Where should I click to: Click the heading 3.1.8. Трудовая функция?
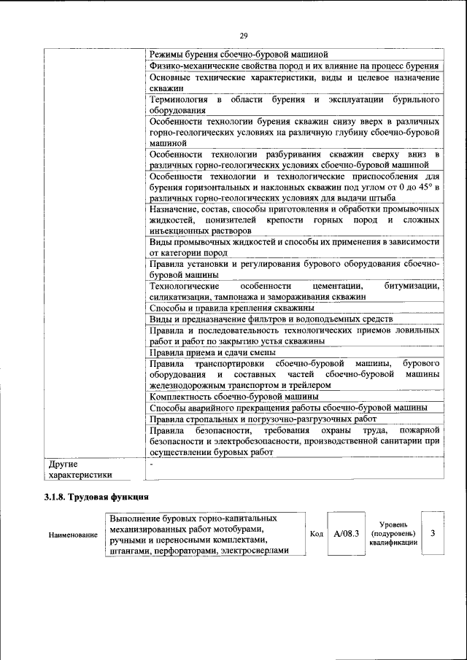(96, 497)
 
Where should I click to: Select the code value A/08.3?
(346, 533)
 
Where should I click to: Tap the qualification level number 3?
(433, 533)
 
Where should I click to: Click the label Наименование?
(73, 535)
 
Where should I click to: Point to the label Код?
(316, 533)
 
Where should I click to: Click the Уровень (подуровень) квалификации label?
(393, 533)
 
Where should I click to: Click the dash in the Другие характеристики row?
(151, 463)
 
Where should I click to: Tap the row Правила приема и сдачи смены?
(212, 352)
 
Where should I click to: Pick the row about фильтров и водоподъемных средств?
(271, 319)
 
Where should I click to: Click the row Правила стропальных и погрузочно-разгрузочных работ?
(263, 419)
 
